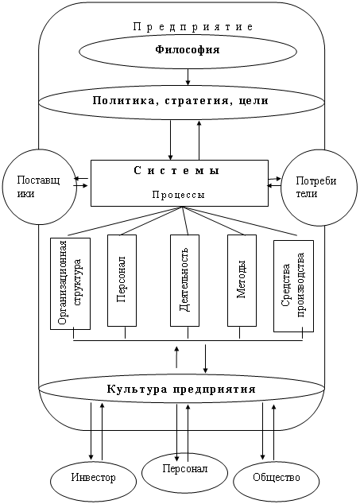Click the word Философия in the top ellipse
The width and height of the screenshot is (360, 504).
[188, 50]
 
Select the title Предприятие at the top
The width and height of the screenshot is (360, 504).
[193, 27]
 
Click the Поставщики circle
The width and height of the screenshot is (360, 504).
[39, 187]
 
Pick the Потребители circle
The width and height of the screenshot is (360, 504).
[319, 187]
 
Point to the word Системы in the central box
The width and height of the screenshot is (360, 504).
[176, 170]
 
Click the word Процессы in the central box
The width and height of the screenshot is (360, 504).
[178, 195]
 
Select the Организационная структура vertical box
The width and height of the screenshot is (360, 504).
[70, 284]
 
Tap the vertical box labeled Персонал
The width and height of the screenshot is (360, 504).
[122, 281]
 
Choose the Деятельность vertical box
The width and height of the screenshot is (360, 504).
[184, 281]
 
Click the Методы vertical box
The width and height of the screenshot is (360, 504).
[242, 281]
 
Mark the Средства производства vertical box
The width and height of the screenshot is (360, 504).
[293, 286]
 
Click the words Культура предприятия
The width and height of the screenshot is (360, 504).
[181, 390]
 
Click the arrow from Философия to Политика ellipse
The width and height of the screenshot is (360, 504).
[188, 77]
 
